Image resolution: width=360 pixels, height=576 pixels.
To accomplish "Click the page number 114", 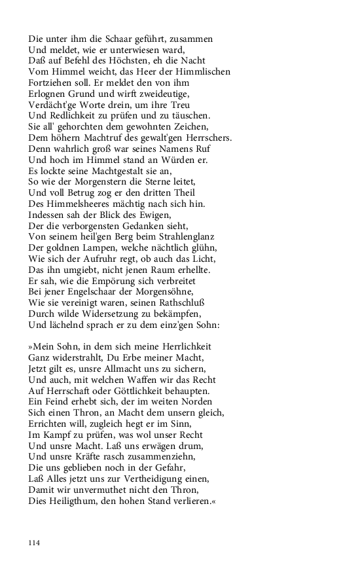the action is coord(34,543).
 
